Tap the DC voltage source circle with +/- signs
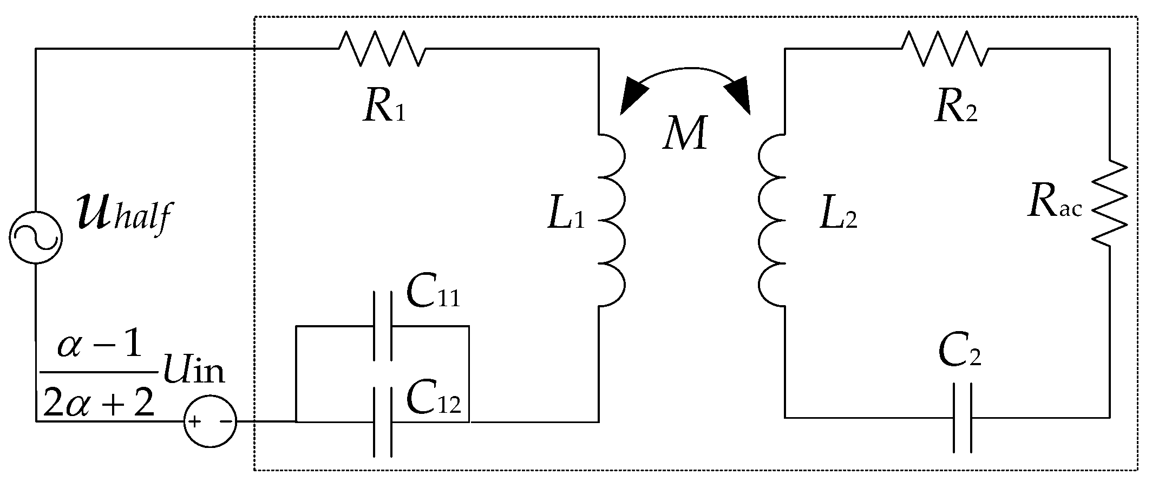click(x=210, y=421)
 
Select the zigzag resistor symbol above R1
click(x=382, y=49)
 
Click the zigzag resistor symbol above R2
click(x=945, y=49)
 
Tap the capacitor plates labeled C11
click(x=382, y=326)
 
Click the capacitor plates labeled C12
click(x=382, y=421)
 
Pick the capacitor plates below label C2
click(x=962, y=418)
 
